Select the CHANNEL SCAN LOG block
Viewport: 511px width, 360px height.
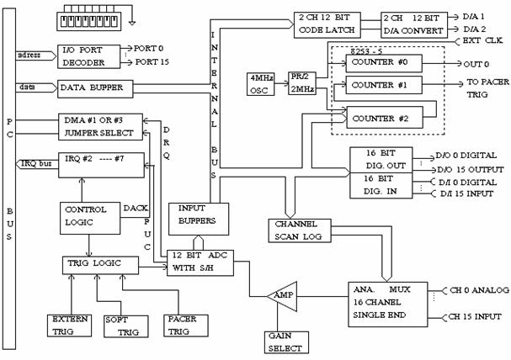[x=294, y=230]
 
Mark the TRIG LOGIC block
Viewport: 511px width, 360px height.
[x=102, y=265]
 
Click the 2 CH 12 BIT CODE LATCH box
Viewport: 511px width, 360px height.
[x=328, y=24]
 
